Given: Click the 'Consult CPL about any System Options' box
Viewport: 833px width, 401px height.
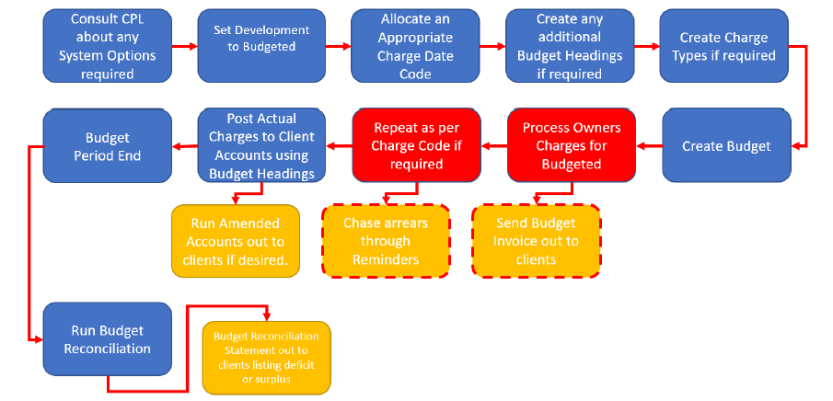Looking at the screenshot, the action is [108, 46].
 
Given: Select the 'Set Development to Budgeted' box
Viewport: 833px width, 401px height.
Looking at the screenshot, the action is [261, 46].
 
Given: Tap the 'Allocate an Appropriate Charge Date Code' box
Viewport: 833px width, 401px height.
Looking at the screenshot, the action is [415, 46].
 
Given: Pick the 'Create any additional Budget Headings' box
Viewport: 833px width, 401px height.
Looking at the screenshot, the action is [570, 46].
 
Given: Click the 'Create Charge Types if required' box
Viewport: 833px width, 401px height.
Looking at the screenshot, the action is [723, 46].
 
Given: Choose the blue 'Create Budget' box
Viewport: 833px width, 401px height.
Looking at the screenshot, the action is [726, 145].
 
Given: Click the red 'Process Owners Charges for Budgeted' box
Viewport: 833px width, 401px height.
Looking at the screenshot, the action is [572, 145].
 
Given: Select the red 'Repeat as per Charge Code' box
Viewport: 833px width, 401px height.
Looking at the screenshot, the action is [416, 145].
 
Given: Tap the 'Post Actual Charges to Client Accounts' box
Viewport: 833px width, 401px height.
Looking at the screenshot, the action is [261, 145].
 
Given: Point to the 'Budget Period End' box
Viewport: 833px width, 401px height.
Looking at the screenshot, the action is [108, 145].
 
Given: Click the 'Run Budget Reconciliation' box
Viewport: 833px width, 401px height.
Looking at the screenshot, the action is [108, 339].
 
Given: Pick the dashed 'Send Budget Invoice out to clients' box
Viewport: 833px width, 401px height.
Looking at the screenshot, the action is [537, 241].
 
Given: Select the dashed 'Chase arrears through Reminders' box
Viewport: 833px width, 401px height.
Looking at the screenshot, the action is [386, 241].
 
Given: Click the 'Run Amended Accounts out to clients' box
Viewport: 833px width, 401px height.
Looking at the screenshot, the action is [236, 241].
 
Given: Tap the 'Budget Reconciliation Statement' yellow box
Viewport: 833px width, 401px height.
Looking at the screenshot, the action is [266, 358].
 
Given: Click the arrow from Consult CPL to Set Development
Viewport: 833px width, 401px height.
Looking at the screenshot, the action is [185, 46].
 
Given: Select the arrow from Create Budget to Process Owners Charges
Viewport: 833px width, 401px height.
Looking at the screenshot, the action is [649, 145].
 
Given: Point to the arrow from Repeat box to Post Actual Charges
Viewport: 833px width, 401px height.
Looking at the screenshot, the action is [339, 145].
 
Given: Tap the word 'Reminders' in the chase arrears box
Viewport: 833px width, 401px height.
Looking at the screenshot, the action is [386, 259].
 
